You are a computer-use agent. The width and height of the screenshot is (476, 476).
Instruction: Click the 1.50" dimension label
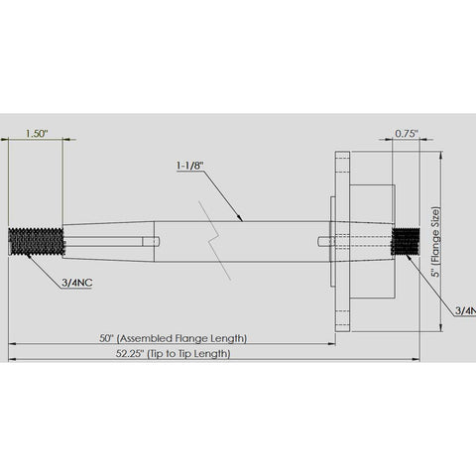(37, 131)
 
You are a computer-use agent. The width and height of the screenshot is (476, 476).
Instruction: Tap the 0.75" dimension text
(406, 131)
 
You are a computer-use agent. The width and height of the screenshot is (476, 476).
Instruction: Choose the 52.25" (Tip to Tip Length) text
(175, 353)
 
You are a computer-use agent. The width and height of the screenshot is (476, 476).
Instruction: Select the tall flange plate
(342, 241)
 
